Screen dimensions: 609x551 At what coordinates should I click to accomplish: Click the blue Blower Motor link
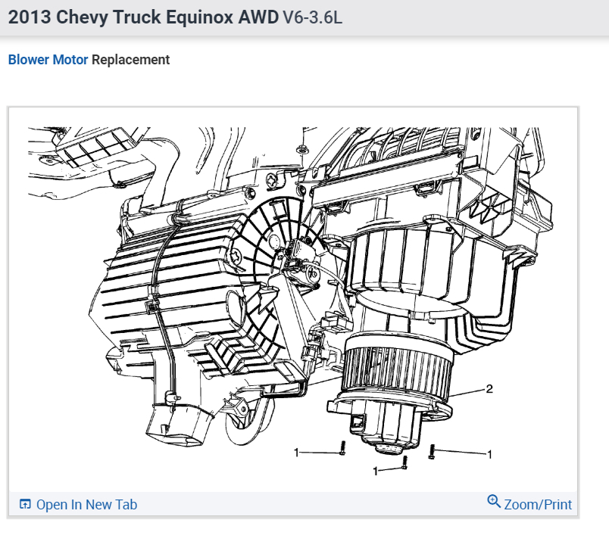pos(48,60)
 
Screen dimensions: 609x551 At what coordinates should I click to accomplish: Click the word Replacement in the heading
pos(130,60)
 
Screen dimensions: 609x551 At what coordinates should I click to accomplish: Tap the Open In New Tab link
pos(86,504)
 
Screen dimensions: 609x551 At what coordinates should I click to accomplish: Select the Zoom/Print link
pos(538,504)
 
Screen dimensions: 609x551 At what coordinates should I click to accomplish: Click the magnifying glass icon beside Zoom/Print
pos(494,501)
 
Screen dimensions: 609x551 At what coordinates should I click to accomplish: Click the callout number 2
pos(489,389)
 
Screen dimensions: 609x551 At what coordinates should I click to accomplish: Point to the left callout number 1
pos(297,453)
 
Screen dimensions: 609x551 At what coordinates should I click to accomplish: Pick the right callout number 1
pos(490,454)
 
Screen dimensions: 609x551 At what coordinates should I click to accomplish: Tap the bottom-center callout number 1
pos(375,471)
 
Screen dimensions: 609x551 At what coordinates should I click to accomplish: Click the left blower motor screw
pos(342,448)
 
